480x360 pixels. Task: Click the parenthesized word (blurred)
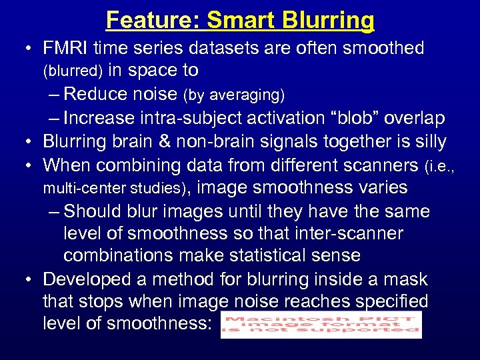click(73, 70)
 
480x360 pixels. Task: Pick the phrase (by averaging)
click(234, 95)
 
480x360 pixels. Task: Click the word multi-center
click(79, 189)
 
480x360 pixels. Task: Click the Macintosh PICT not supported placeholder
click(321, 325)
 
